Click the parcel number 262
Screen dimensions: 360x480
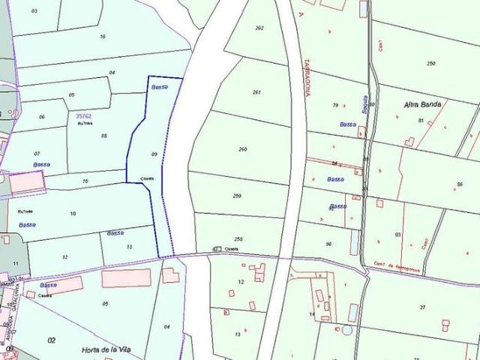click(259, 28)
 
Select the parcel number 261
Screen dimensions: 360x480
click(256, 92)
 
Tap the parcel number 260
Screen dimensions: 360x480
click(242, 149)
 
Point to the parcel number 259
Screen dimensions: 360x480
click(237, 196)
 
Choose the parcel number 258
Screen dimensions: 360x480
click(238, 239)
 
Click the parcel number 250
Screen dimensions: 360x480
click(430, 64)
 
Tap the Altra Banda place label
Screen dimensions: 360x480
click(419, 104)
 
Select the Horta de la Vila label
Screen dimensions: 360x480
click(105, 349)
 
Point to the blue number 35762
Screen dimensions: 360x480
click(84, 116)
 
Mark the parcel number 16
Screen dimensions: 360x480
click(103, 36)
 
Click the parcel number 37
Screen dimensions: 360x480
click(422, 307)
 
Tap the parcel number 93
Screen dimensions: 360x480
click(397, 235)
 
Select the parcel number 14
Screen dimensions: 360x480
click(312, 313)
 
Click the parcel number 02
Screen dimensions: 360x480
click(52, 340)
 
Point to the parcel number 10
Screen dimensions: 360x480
click(73, 214)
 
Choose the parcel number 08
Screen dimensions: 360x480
click(104, 136)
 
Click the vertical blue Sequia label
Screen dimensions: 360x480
click(365, 104)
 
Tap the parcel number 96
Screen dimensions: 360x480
click(328, 244)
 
